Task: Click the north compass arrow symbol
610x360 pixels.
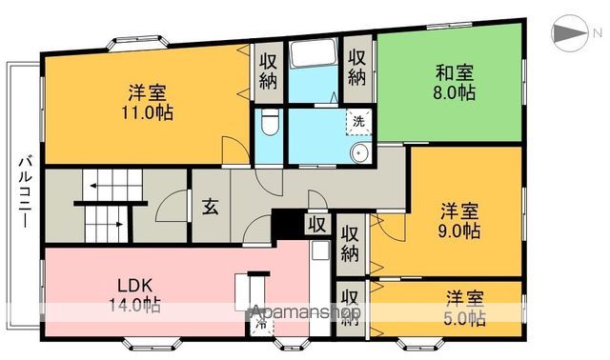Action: tap(569, 34)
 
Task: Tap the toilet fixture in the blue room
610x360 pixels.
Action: tap(269, 123)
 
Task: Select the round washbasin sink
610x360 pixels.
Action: tap(360, 155)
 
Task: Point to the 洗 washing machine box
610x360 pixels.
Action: tap(358, 121)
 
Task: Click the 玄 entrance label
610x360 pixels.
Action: tap(210, 209)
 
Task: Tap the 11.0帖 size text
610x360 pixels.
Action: tap(147, 111)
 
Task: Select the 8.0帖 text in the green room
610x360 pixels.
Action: tap(455, 93)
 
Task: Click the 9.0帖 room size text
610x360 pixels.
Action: tap(459, 231)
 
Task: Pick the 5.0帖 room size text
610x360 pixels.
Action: tap(465, 318)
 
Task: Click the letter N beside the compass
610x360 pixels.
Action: tap(598, 34)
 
